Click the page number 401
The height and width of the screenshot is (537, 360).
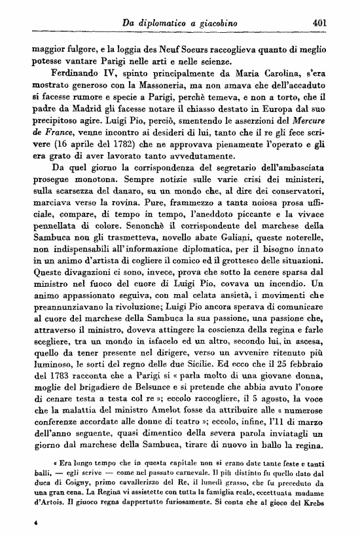[319, 24]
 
